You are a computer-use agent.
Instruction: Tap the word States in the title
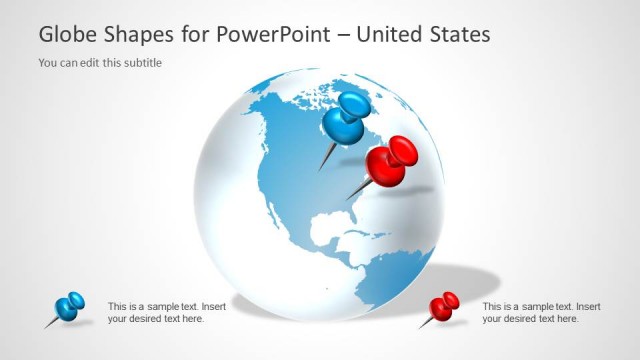(457, 34)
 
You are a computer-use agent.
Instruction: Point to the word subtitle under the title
(140, 63)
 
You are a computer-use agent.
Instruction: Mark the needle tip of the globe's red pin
(348, 199)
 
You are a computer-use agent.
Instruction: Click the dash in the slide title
(343, 35)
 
